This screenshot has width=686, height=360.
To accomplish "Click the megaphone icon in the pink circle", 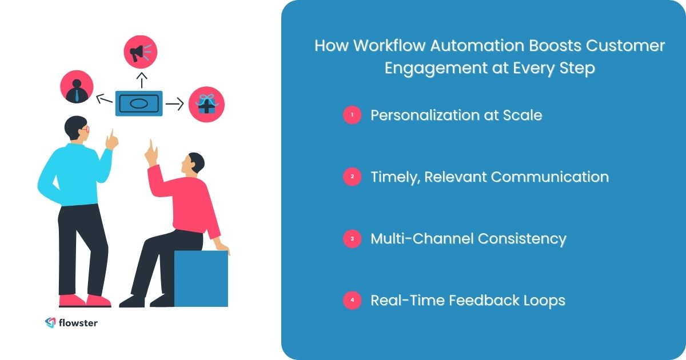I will pos(140,53).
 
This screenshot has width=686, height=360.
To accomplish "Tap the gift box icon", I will pos(206,105).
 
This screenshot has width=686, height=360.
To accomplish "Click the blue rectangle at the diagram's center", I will pos(139,103).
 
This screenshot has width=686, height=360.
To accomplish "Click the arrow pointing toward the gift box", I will pos(174,104).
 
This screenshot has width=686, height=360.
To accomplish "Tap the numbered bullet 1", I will pos(352,115).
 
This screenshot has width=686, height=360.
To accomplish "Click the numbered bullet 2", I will pos(352,177).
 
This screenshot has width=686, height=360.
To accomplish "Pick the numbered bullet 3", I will pos(352,239).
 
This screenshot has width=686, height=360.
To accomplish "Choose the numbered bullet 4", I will pos(352,301).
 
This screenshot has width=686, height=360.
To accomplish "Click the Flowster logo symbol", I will pos(50,323).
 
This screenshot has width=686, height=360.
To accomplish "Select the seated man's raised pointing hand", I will pos(151,151).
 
